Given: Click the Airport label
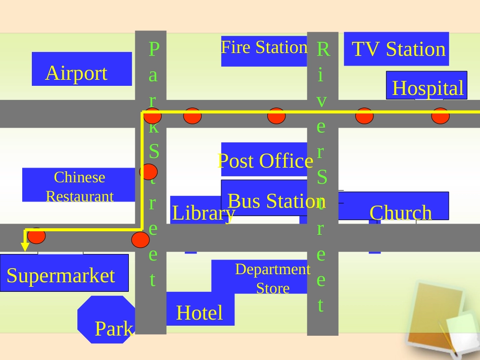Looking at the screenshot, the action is pos(76,73).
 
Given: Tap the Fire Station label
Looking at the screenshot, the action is pos(264,47).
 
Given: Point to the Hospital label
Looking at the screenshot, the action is pos(427,88).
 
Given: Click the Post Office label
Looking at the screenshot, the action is pos(265,161).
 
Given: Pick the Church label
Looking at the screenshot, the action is pos(401,213).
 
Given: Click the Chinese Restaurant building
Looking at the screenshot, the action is pos(79,185).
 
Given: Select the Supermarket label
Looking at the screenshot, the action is pos(61,276).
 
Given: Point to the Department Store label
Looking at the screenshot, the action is pos(273,279).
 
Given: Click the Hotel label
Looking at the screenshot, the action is pos(200,313).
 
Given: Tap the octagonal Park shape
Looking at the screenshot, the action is pos(107,320).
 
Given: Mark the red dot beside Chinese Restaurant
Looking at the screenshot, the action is pos(148,172).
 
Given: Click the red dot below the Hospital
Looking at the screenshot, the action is pos(440,116).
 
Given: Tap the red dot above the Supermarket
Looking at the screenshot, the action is pos(36,235).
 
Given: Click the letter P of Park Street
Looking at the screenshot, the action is pos(154,49).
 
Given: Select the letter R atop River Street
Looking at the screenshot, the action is pos(323,49).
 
